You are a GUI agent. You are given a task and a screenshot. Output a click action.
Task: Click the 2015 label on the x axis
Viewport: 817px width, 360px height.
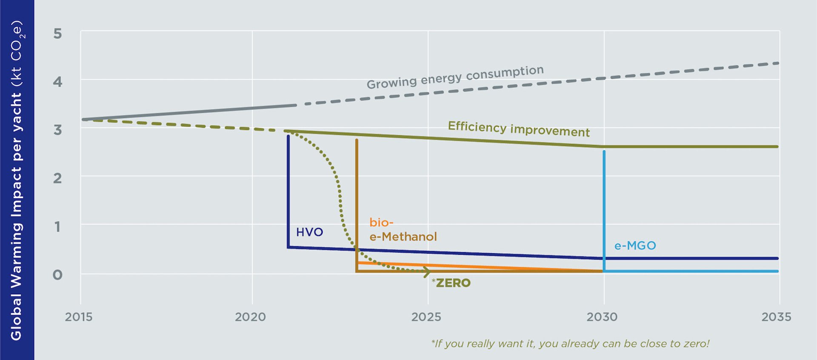tap(79, 317)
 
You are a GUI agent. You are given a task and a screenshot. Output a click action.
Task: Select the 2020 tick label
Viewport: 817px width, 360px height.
tap(250, 317)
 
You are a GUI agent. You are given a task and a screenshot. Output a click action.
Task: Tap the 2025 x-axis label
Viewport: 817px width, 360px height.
tap(426, 317)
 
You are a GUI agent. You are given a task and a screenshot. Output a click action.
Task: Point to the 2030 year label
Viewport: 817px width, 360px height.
tap(602, 317)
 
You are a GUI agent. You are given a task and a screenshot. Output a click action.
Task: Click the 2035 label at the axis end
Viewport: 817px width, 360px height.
tap(776, 317)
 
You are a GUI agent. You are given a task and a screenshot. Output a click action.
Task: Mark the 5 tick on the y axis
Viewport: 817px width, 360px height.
tap(57, 34)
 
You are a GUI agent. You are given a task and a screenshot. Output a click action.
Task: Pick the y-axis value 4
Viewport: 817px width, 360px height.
tap(57, 82)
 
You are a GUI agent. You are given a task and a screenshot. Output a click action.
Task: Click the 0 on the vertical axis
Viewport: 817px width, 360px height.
tap(57, 275)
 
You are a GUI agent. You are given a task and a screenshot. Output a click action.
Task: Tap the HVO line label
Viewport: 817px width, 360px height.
tap(309, 232)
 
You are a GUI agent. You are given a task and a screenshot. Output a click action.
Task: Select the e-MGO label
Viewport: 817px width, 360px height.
tap(635, 246)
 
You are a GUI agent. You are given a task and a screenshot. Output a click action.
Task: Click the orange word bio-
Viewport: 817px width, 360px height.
tap(381, 223)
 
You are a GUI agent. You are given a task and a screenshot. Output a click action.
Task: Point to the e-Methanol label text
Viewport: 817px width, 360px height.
tap(403, 237)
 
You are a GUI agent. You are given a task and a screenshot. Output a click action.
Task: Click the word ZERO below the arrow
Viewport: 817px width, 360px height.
tap(453, 283)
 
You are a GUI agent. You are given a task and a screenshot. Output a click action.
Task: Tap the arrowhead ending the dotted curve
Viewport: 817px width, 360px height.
tap(427, 271)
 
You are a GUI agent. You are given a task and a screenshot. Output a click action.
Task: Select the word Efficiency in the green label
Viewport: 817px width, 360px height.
tap(477, 127)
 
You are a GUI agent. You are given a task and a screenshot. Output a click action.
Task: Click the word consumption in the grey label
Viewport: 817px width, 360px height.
tap(505, 73)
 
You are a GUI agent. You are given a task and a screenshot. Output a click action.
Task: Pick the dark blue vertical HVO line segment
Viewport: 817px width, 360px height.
tap(288, 191)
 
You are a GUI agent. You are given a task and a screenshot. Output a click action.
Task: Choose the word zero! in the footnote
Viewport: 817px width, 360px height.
tap(696, 344)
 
